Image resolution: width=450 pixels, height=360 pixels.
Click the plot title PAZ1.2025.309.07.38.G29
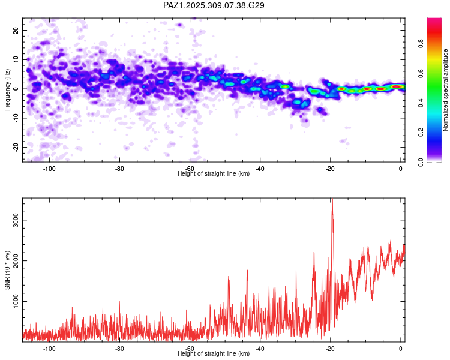coord(214,5)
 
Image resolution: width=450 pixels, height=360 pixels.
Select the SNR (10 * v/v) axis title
coord(7,271)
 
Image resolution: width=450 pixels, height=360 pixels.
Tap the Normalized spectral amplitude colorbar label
coord(445,91)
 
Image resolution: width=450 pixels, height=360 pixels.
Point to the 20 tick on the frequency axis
coord(17,30)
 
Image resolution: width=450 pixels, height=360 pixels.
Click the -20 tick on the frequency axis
coord(16,148)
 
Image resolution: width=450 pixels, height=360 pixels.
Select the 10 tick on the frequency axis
coord(17,59)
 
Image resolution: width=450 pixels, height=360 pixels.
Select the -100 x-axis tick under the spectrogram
coord(49,168)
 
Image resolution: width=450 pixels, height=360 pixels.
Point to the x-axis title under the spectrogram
coord(214,173)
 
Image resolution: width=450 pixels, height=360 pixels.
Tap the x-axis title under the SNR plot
coord(214,353)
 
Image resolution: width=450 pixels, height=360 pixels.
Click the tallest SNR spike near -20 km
coord(332,201)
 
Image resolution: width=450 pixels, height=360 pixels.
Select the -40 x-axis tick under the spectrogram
coord(260,168)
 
